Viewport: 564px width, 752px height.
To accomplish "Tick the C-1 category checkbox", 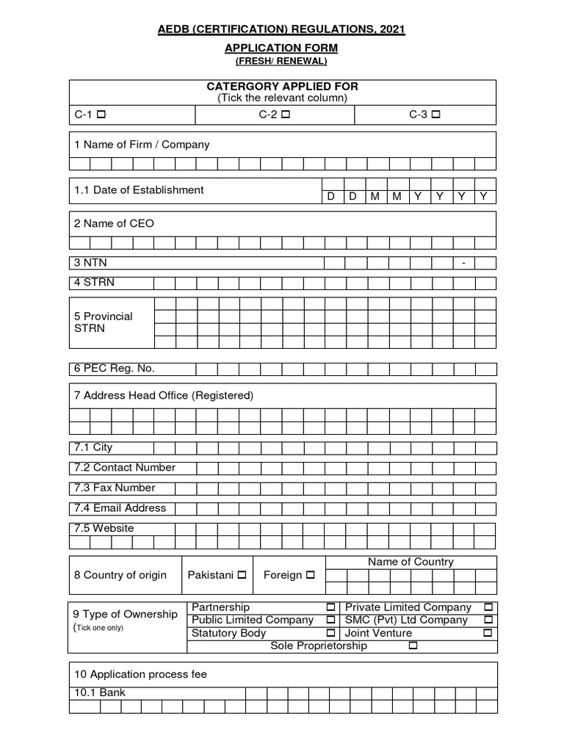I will [x=101, y=115].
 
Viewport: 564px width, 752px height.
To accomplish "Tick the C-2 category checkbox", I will [x=285, y=115].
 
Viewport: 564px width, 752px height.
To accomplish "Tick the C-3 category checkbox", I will [x=435, y=115].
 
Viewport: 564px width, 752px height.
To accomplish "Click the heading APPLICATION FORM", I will [x=282, y=48].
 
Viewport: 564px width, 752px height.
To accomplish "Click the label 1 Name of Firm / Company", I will [x=142, y=145].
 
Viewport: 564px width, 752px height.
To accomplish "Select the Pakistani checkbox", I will [x=242, y=575].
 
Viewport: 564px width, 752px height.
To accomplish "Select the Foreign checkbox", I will [x=310, y=575].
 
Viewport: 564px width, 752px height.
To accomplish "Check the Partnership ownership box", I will [x=330, y=607].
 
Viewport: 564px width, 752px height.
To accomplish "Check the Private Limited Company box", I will [x=488, y=607].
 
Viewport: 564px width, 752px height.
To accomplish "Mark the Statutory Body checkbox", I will [x=330, y=633].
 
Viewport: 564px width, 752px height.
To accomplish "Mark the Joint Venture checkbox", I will [x=488, y=633].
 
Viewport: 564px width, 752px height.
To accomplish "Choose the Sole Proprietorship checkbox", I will [x=412, y=646].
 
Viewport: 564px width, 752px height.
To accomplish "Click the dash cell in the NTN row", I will [x=463, y=263].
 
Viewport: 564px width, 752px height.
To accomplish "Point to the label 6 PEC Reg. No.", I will [x=114, y=369].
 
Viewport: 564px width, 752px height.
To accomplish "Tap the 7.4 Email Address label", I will [x=120, y=508].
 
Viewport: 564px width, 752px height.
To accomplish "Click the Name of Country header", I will [x=411, y=562].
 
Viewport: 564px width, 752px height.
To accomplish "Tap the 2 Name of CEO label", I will [x=114, y=223].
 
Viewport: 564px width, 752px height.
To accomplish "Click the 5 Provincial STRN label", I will [x=103, y=322].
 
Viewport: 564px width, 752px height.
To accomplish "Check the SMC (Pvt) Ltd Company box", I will [x=488, y=620].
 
